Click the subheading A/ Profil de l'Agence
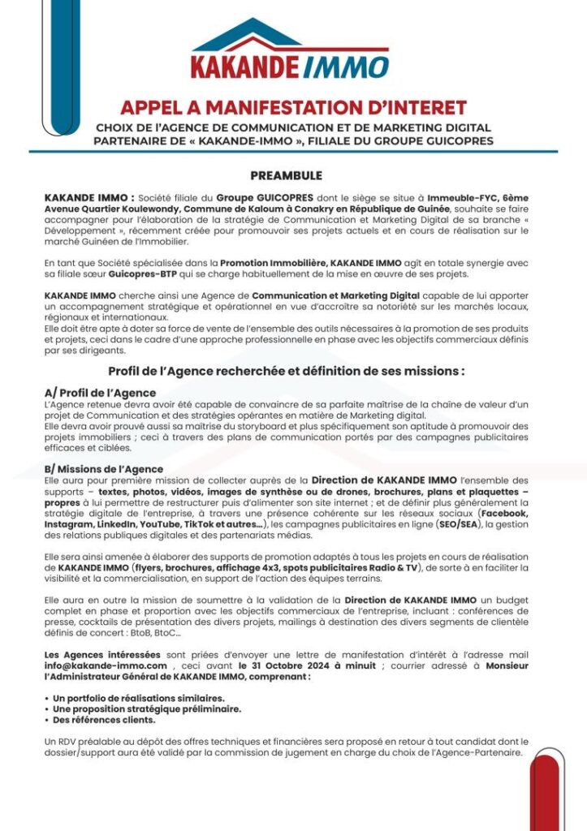click(100, 393)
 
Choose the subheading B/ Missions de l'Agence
click(104, 469)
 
